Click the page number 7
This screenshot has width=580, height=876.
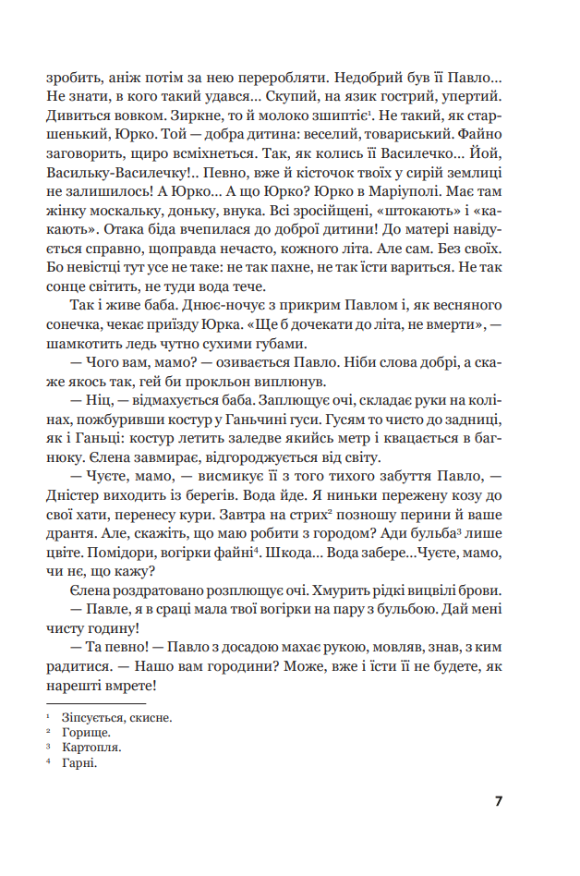pos(498,800)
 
